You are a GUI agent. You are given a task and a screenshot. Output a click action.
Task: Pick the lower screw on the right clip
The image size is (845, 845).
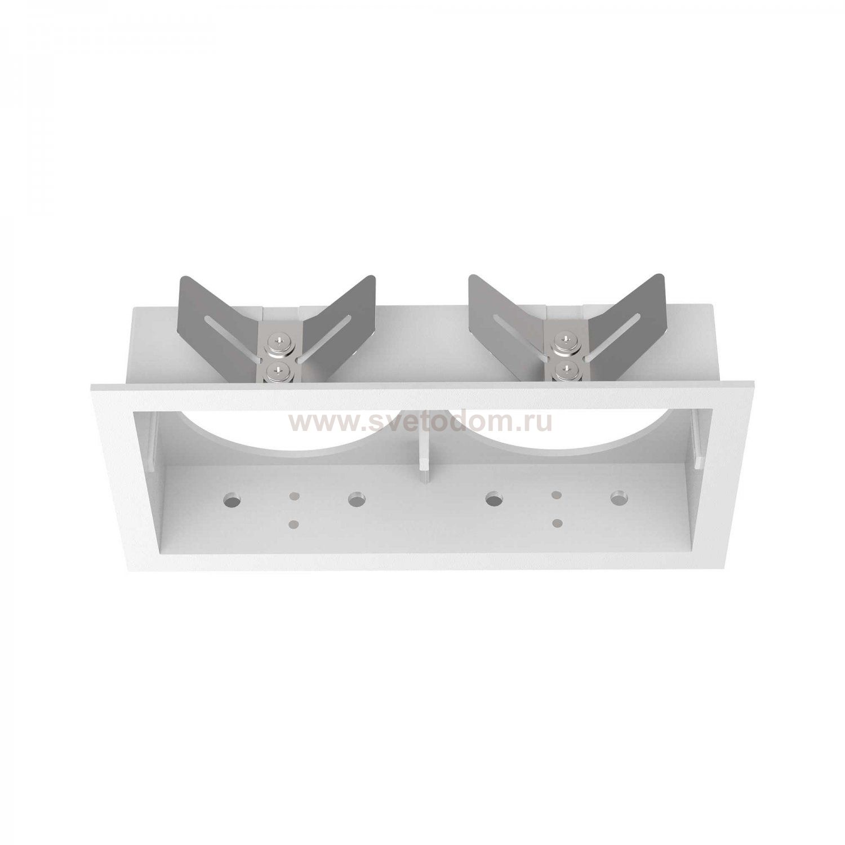tap(562, 370)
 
